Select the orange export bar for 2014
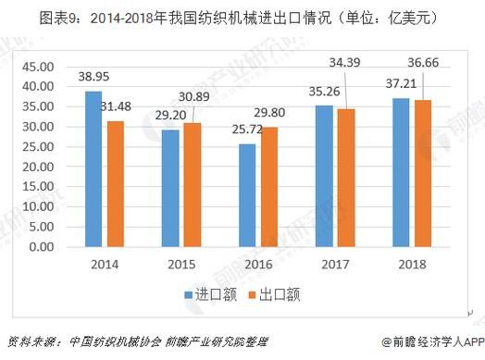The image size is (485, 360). (115, 184)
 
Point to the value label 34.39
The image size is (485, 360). (348, 61)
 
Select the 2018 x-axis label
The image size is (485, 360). (411, 265)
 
